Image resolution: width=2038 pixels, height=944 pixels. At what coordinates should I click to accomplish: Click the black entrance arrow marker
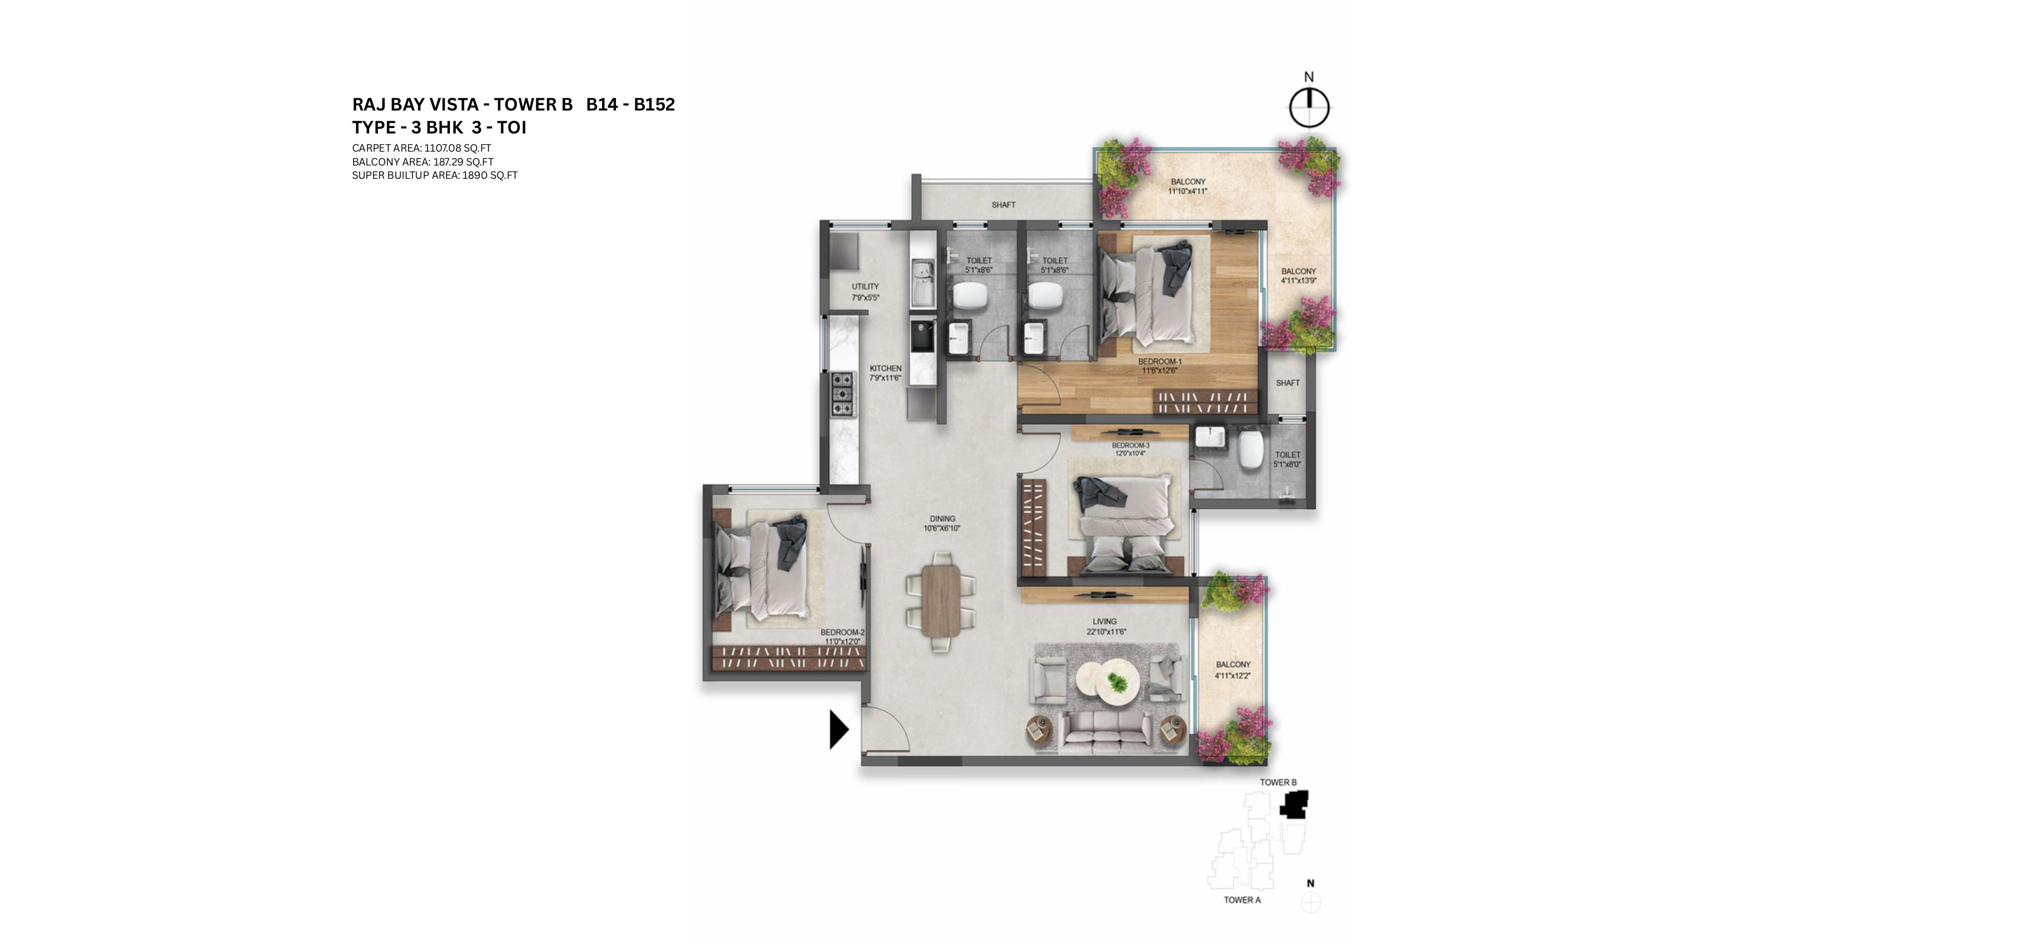click(x=838, y=729)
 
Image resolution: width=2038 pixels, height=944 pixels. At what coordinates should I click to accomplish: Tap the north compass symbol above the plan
click(x=1309, y=107)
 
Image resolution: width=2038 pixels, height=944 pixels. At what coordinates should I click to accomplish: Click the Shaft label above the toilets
click(x=1003, y=205)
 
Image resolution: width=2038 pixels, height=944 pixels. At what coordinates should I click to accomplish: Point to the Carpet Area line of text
click(x=421, y=148)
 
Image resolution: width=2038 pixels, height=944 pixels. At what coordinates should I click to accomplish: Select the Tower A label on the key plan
click(x=1242, y=900)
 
